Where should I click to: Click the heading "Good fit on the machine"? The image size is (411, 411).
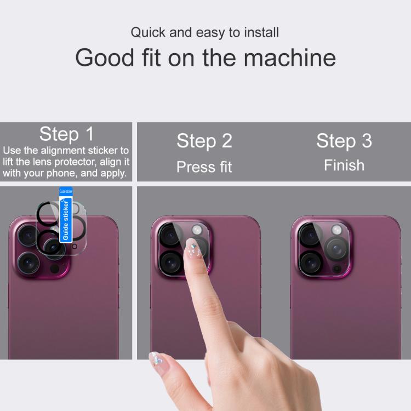pos(206,58)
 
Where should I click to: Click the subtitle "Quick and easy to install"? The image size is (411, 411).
pos(205,32)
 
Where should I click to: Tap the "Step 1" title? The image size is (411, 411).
pos(66,134)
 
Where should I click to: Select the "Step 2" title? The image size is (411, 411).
pos(204,141)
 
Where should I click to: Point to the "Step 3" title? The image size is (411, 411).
pos(344,141)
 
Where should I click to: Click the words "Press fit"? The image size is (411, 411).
pos(204,167)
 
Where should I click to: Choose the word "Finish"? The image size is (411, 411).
pos(344,165)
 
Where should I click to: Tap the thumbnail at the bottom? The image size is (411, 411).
pos(158,359)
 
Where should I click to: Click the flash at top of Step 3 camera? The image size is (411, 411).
pos(336,230)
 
